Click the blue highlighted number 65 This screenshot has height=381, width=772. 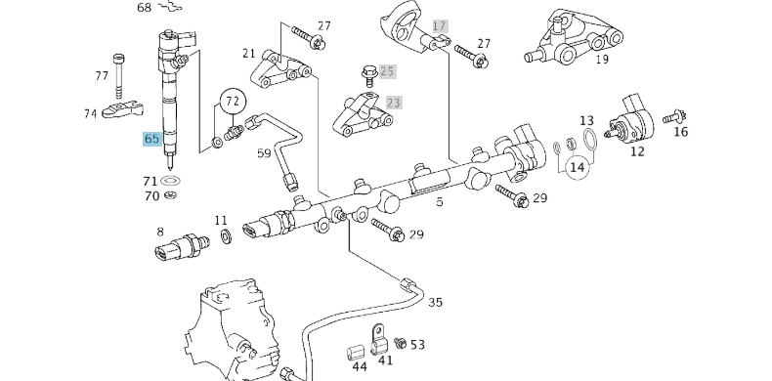151,139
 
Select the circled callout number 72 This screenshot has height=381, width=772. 232,101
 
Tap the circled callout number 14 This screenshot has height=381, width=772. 577,167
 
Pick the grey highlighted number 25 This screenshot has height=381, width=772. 387,71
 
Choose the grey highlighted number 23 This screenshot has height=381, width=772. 394,102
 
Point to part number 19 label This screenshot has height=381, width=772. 602,59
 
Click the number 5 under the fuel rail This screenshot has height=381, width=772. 440,202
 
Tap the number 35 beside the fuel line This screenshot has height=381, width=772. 435,303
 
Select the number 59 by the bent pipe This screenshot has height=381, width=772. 264,152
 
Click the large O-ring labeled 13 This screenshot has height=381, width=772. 588,143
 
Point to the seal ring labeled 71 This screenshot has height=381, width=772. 172,182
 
